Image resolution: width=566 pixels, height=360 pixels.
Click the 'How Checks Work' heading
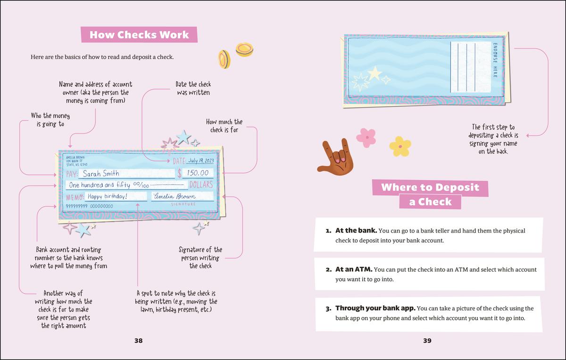[139, 35]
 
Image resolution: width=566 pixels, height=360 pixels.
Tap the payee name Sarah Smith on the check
[104, 174]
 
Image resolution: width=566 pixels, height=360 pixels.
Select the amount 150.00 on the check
[198, 173]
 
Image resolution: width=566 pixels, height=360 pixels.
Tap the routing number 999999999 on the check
[76, 206]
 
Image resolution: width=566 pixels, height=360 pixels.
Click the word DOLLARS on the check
[201, 184]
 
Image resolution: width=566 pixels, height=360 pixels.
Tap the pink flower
[366, 137]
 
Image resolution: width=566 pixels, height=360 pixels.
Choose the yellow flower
[400, 146]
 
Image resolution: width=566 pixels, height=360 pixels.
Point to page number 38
[138, 340]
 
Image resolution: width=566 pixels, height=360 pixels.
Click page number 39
[427, 340]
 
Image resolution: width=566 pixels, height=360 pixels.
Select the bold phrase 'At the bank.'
[356, 231]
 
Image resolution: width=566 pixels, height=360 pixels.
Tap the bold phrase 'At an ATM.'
[354, 269]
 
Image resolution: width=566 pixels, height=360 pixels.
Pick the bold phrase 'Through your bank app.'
[375, 308]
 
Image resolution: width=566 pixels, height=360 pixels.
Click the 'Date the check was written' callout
[193, 88]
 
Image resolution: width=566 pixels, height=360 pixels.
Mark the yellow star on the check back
[375, 73]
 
